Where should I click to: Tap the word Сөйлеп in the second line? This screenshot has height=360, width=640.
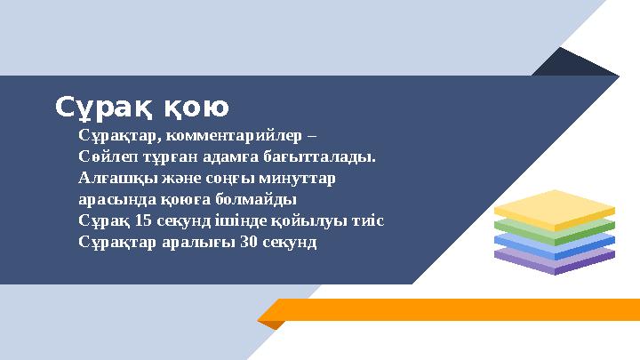click(x=104, y=158)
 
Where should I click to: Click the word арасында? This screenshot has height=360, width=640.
click(x=110, y=199)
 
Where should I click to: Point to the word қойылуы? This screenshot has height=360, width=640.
click(x=313, y=220)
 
